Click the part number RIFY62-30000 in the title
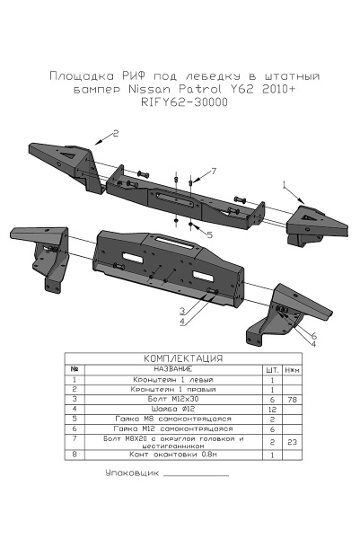coord(184,102)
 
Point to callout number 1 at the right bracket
coord(285,184)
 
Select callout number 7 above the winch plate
coord(214,170)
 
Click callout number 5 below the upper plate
coord(208,234)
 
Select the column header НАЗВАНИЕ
coord(170,369)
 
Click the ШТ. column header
coord(270,369)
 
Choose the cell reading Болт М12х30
coord(170,398)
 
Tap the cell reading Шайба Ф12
coord(170,409)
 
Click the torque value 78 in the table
coord(291,398)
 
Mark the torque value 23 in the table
coord(291,443)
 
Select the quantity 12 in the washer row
coord(270,409)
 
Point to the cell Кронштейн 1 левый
coord(170,379)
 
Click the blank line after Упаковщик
coord(198,473)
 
